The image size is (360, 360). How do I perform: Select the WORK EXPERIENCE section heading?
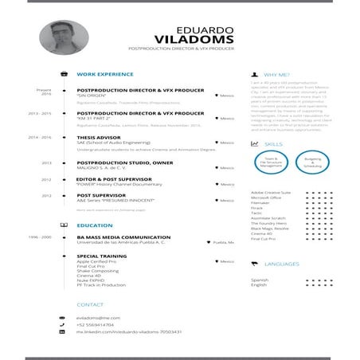(104, 73)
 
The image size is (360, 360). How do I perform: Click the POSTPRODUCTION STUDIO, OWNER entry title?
(124, 162)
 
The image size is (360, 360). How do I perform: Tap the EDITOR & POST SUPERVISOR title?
(113, 179)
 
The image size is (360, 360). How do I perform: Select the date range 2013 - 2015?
(39, 114)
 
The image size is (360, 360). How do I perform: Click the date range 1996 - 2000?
(39, 237)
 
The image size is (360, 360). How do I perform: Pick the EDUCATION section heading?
(94, 225)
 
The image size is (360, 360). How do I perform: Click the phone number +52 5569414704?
(95, 324)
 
